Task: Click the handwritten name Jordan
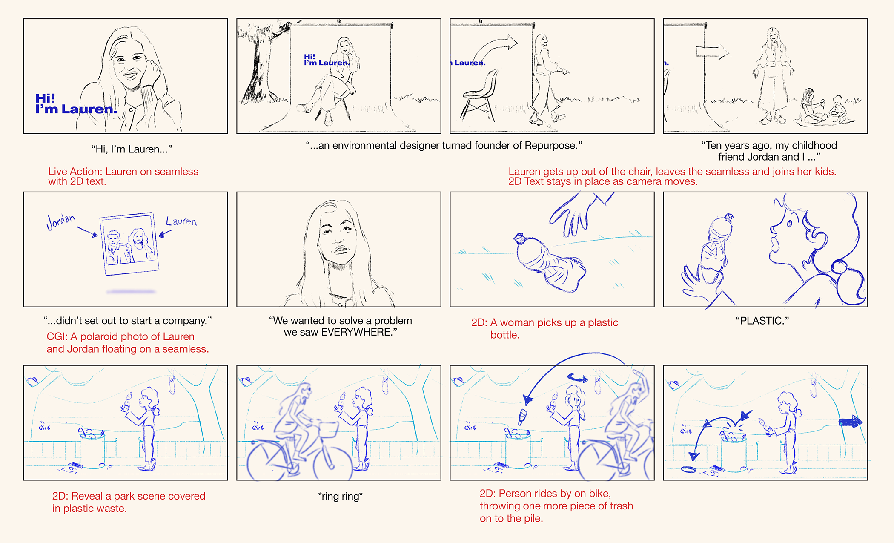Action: (61, 221)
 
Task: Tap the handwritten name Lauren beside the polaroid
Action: (181, 221)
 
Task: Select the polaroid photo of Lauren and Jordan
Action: (129, 244)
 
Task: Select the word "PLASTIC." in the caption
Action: (762, 321)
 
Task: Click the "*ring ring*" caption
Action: (340, 496)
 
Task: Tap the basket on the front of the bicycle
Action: (328, 429)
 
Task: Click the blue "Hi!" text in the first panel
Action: (45, 98)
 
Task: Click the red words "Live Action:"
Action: (75, 172)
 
